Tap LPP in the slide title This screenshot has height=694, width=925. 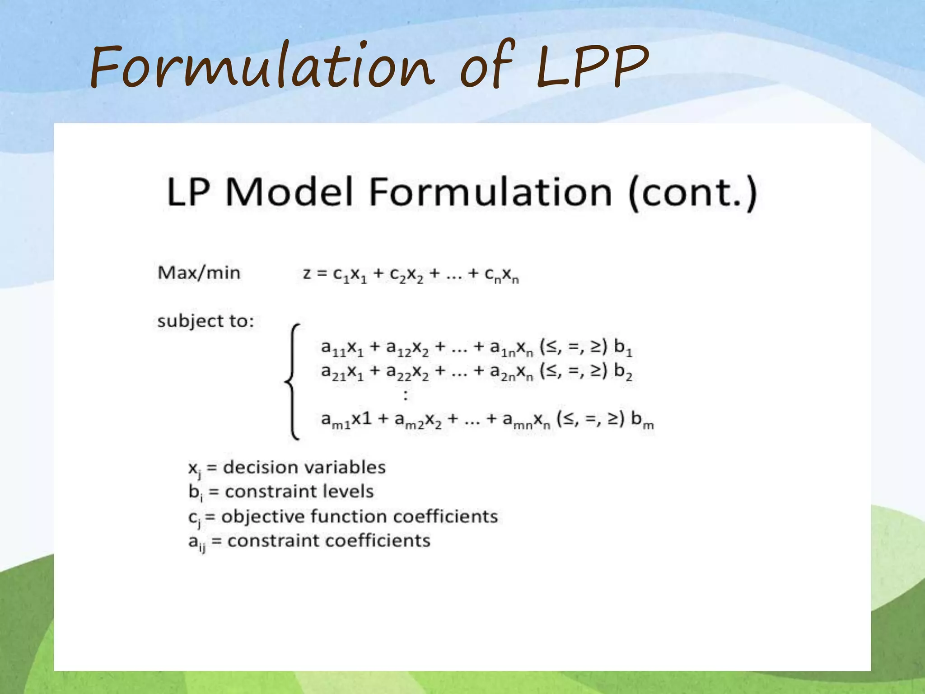(x=592, y=68)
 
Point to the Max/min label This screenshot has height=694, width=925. (x=199, y=273)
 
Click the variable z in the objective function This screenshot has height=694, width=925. (x=307, y=274)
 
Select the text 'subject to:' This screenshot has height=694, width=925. (x=206, y=321)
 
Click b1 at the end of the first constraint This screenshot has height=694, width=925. (x=623, y=348)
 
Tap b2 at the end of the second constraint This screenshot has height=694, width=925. (x=623, y=372)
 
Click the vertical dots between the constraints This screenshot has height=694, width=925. (x=406, y=396)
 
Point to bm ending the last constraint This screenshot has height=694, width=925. (x=642, y=420)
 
